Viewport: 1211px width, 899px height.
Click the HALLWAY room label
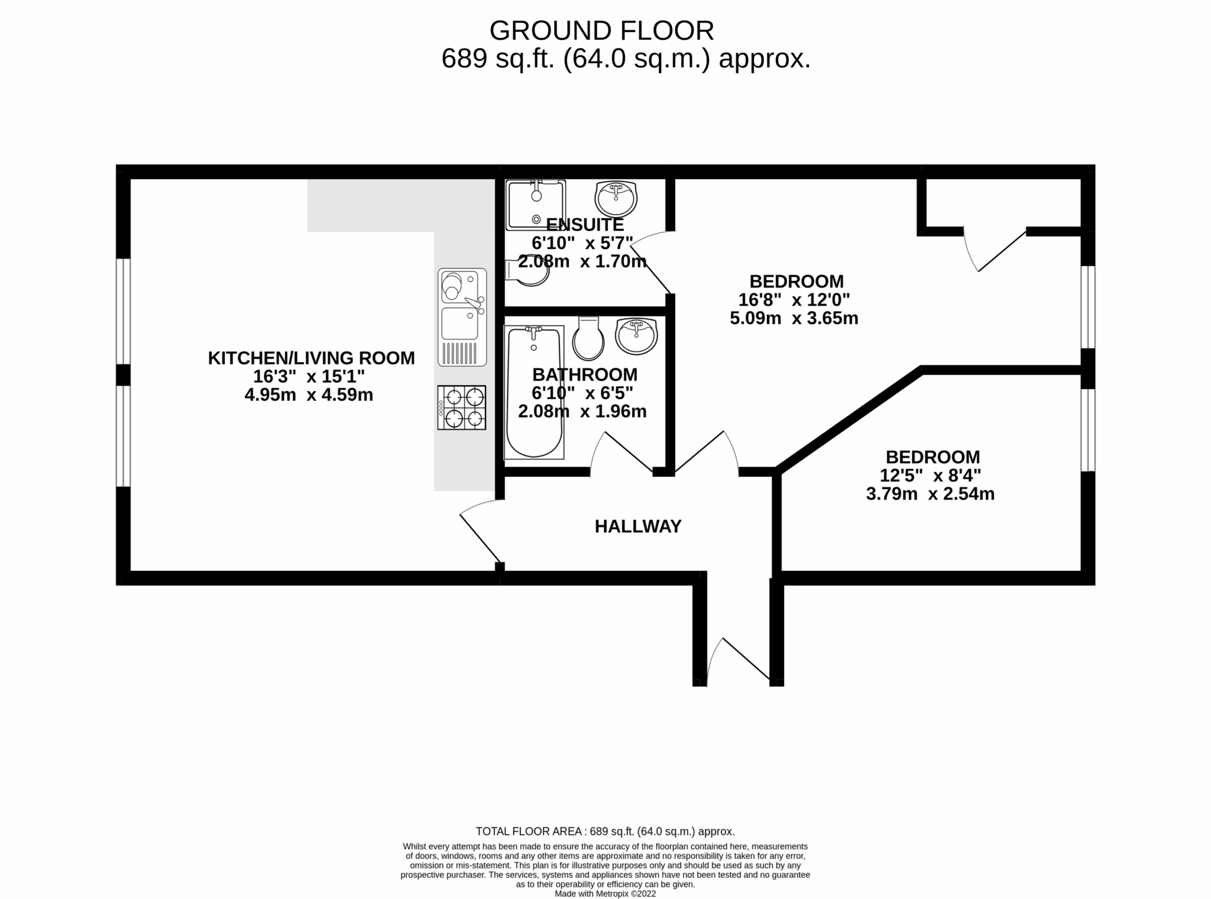pyautogui.click(x=638, y=526)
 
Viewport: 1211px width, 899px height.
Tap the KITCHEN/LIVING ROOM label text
pyautogui.click(x=311, y=358)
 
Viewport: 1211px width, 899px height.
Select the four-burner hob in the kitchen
pyautogui.click(x=462, y=408)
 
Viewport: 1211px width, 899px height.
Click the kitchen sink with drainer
pyautogui.click(x=462, y=317)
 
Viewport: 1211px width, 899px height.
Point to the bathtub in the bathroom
pyautogui.click(x=534, y=393)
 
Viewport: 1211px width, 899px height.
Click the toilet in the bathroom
pyautogui.click(x=588, y=338)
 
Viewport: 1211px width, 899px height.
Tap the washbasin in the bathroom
pyautogui.click(x=636, y=336)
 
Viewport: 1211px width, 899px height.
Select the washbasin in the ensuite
pyautogui.click(x=616, y=199)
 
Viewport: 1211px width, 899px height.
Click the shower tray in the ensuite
pyautogui.click(x=535, y=205)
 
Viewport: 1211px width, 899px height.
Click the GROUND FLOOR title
pyautogui.click(x=601, y=30)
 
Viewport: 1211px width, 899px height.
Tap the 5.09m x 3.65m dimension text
pyautogui.click(x=794, y=318)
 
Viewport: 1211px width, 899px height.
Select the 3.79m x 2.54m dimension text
pyautogui.click(x=930, y=494)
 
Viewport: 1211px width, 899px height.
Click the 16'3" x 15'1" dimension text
pyautogui.click(x=309, y=376)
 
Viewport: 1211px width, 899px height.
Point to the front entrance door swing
pyautogui.click(x=739, y=660)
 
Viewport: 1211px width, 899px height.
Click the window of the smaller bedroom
pyautogui.click(x=1088, y=430)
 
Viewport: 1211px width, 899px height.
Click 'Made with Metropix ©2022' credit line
pyautogui.click(x=605, y=894)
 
